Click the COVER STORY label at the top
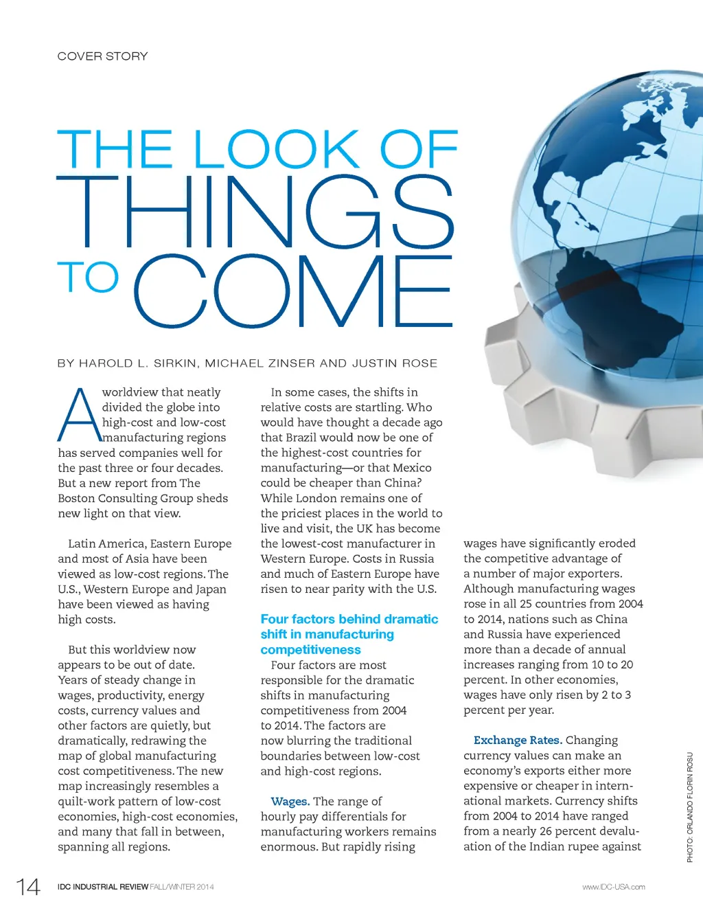click(102, 56)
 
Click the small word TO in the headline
click(88, 277)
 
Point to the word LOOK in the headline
click(277, 149)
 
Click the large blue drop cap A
click(78, 416)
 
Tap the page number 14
click(28, 887)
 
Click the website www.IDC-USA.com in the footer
click(613, 887)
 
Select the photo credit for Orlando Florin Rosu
click(690, 807)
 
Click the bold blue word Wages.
click(290, 801)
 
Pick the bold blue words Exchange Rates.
click(518, 740)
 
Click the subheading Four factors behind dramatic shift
click(349, 634)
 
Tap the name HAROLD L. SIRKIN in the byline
click(137, 363)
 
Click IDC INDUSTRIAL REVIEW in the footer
click(103, 887)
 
